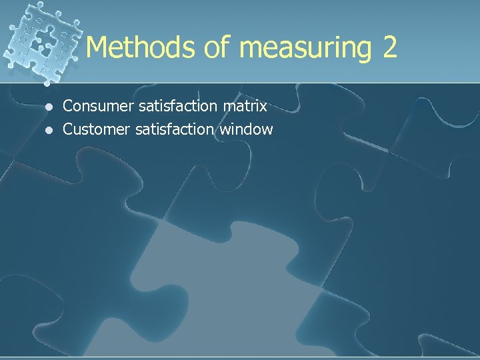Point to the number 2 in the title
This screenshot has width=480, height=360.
pos(389,47)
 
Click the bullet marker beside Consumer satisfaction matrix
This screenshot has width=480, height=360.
pos(47,106)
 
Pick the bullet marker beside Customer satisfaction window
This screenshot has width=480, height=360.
pos(47,129)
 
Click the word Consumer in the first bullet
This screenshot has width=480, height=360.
pos(94,106)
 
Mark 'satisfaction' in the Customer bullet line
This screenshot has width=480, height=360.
pos(174,129)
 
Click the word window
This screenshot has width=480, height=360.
pos(246,129)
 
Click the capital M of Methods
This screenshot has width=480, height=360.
pos(97,47)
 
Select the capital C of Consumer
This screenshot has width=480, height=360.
pos(67,106)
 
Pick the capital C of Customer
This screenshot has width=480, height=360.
pos(67,129)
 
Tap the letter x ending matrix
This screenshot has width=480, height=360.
pos(263,107)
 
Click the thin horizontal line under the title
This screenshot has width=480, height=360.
pos(267,83)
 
